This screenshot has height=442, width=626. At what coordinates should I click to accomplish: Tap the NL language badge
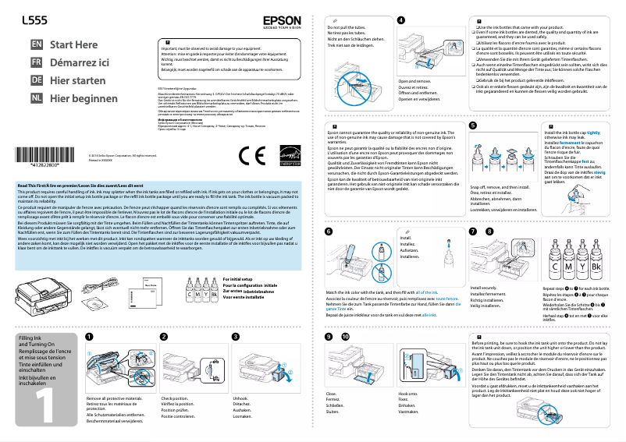(x=36, y=98)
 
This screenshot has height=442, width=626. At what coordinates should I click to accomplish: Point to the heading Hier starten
(x=77, y=80)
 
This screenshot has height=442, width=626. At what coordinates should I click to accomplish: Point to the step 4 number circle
(x=401, y=19)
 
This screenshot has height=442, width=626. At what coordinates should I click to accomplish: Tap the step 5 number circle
(x=473, y=125)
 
